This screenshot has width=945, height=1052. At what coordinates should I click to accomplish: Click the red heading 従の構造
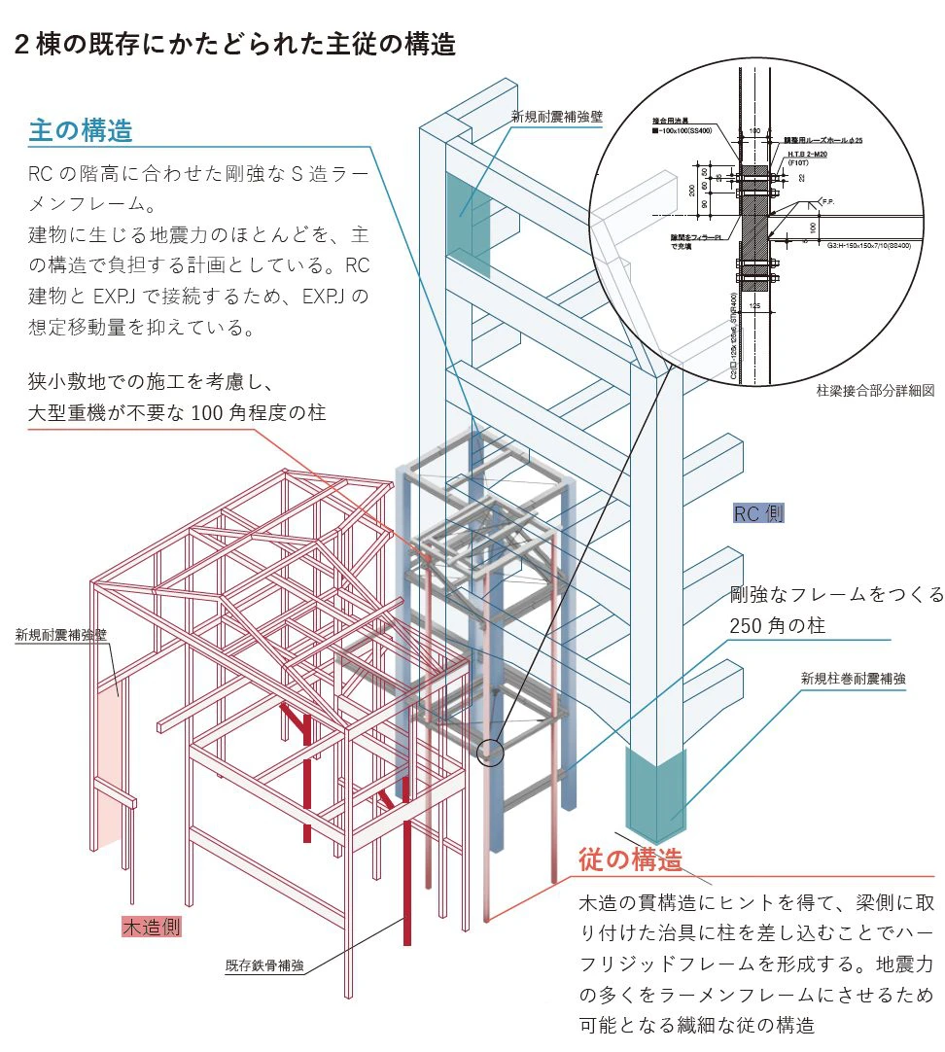coord(630,859)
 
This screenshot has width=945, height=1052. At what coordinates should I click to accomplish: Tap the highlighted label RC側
coord(758,513)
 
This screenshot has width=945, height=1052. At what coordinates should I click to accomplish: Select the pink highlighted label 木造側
coord(151,927)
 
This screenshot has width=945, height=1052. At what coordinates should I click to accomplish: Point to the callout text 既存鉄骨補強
coord(264,965)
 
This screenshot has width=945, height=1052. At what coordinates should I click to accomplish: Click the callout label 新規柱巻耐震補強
coord(853,679)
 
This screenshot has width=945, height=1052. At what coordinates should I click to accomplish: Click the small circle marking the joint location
coord(491,753)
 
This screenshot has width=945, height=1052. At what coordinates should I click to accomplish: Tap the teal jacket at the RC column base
coord(656,795)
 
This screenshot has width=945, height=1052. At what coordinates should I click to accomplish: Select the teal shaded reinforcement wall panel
coord(470,222)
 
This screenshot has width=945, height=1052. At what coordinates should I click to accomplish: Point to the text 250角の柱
coord(777,626)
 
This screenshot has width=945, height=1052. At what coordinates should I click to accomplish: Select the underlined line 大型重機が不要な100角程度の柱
coord(176,413)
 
